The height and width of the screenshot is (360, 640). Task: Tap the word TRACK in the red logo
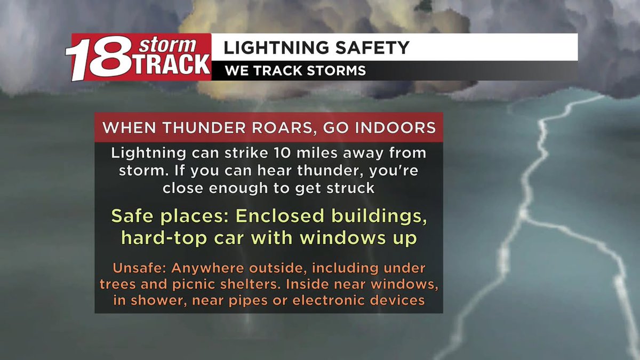[x=171, y=64]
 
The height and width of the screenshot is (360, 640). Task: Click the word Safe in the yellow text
[x=133, y=217]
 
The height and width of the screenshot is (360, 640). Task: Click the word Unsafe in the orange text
[x=133, y=268]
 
